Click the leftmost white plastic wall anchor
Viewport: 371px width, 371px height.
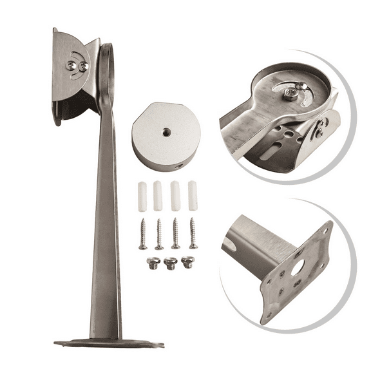coord(142,196)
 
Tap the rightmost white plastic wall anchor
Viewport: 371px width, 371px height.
coord(192,196)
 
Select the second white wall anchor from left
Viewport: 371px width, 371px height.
coord(158,196)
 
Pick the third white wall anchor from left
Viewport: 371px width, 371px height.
coord(175,196)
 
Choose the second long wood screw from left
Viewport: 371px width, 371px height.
coord(159,234)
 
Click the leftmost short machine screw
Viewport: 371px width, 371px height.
coord(153,263)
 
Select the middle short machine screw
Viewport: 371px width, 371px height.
coord(171,263)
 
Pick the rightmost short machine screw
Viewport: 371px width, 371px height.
coord(187,262)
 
